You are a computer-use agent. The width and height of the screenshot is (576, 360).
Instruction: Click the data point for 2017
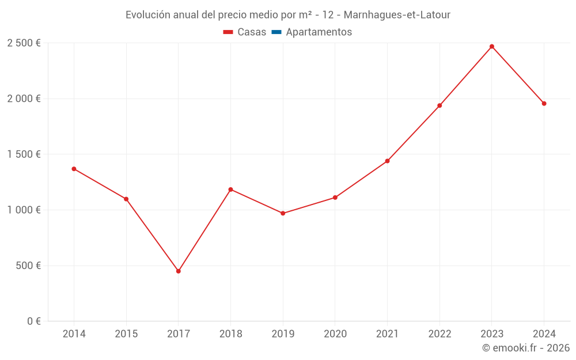pos(179,271)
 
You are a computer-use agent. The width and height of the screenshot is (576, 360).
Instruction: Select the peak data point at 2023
pos(492,47)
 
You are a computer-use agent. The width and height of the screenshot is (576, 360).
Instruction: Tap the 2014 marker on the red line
pos(74,169)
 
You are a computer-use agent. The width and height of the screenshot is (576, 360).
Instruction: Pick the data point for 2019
pos(283,213)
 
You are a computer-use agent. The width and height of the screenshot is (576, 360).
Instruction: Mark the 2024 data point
pos(544,104)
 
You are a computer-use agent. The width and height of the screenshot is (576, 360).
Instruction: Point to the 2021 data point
pos(387,161)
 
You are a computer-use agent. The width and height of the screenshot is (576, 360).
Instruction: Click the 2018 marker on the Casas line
pos(230,190)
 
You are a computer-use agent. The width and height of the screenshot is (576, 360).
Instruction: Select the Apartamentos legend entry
pos(319,32)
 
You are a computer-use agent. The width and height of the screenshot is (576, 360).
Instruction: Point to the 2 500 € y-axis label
pos(24,43)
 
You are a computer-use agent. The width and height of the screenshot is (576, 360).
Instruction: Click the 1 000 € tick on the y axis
pos(24,210)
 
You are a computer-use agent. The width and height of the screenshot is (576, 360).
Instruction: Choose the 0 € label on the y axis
pos(33,321)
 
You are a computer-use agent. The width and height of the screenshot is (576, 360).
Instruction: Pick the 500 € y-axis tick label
pos(28,266)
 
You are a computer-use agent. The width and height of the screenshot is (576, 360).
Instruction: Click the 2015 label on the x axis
pos(126,334)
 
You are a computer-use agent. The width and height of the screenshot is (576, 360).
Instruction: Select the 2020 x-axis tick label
pos(335,334)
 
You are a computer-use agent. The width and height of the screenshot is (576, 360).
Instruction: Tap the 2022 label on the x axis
pos(439,334)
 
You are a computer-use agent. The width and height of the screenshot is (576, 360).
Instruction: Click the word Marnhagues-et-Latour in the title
pos(397,14)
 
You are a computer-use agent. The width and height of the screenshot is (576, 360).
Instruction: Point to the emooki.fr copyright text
pos(526,348)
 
